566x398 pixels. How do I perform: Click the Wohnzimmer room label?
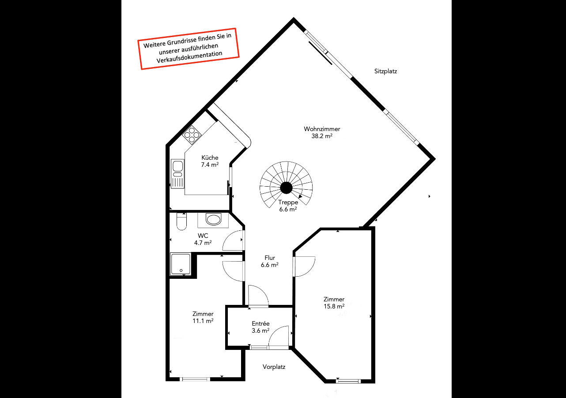[322, 129]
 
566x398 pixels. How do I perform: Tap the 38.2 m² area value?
[322, 136]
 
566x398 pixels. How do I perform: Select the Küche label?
[210, 158]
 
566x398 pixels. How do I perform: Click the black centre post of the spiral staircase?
[286, 188]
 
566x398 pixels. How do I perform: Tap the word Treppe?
[287, 203]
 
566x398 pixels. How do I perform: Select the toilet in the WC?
[181, 222]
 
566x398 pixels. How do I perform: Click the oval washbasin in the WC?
[214, 219]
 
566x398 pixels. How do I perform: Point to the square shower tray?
[181, 264]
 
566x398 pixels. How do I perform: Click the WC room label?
[203, 236]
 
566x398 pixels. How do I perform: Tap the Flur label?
[270, 258]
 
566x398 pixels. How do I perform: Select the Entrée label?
[260, 323]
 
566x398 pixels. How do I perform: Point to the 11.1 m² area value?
[203, 321]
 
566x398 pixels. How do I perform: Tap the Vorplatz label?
[274, 367]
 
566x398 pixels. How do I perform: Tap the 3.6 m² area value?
[260, 330]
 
